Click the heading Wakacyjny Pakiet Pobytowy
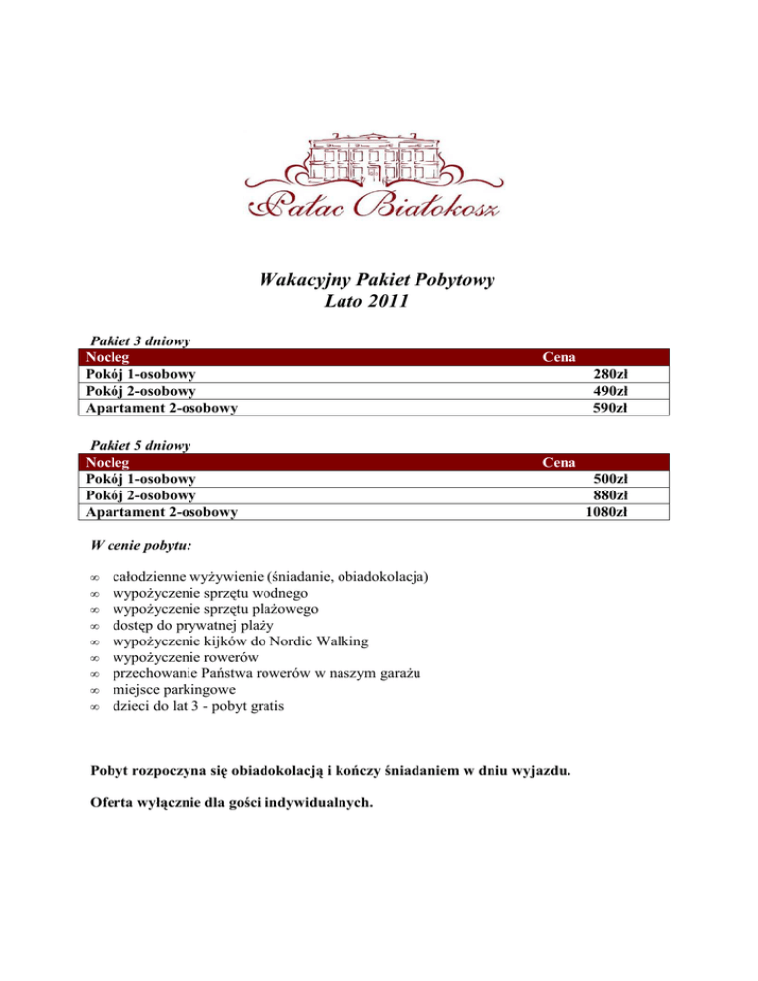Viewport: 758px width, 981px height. point(376,281)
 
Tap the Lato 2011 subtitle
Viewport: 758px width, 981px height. point(366,301)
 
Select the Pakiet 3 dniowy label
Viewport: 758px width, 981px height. point(140,340)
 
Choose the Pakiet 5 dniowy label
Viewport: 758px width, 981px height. point(140,445)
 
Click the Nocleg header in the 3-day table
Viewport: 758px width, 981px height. point(108,357)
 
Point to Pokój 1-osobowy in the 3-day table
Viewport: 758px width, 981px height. point(140,374)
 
